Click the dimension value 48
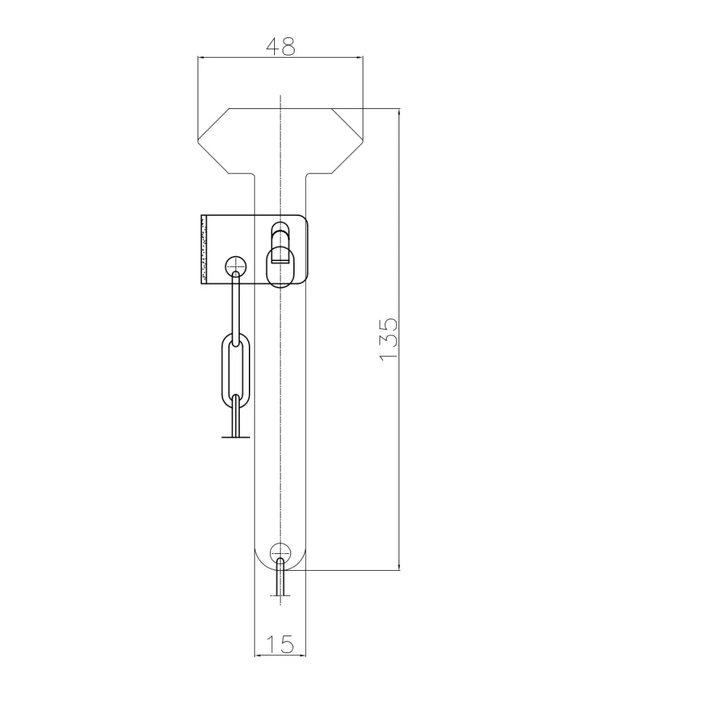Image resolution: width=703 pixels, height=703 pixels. pos(280,46)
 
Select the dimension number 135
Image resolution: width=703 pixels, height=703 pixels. pos(388,340)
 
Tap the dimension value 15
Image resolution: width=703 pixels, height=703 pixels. pos(280,644)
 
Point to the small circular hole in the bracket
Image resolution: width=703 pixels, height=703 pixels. pos(236,266)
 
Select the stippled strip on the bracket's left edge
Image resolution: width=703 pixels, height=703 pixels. pos(204,249)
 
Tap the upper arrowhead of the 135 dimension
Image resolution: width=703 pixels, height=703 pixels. pos(399,112)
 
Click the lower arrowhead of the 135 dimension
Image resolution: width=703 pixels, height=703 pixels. pos(399,566)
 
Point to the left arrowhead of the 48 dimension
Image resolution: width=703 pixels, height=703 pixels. pos(202,58)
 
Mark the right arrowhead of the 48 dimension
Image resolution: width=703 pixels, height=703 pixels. pos(359,58)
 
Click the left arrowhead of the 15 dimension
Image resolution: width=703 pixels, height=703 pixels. pos(257,656)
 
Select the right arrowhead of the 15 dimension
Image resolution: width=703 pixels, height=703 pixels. pos(303,656)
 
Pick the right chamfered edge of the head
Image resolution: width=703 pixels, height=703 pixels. pos(347,124)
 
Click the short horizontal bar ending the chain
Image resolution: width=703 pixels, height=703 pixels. pos(236,437)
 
